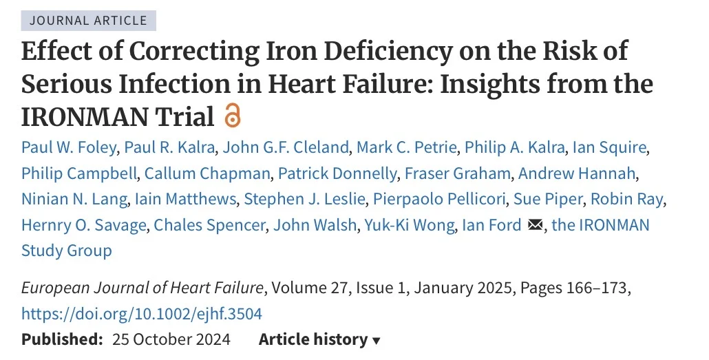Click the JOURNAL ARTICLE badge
pyautogui.click(x=89, y=20)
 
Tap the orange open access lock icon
pyautogui.click(x=233, y=117)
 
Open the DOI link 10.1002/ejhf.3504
pyautogui.click(x=142, y=314)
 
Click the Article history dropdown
pyautogui.click(x=319, y=339)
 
